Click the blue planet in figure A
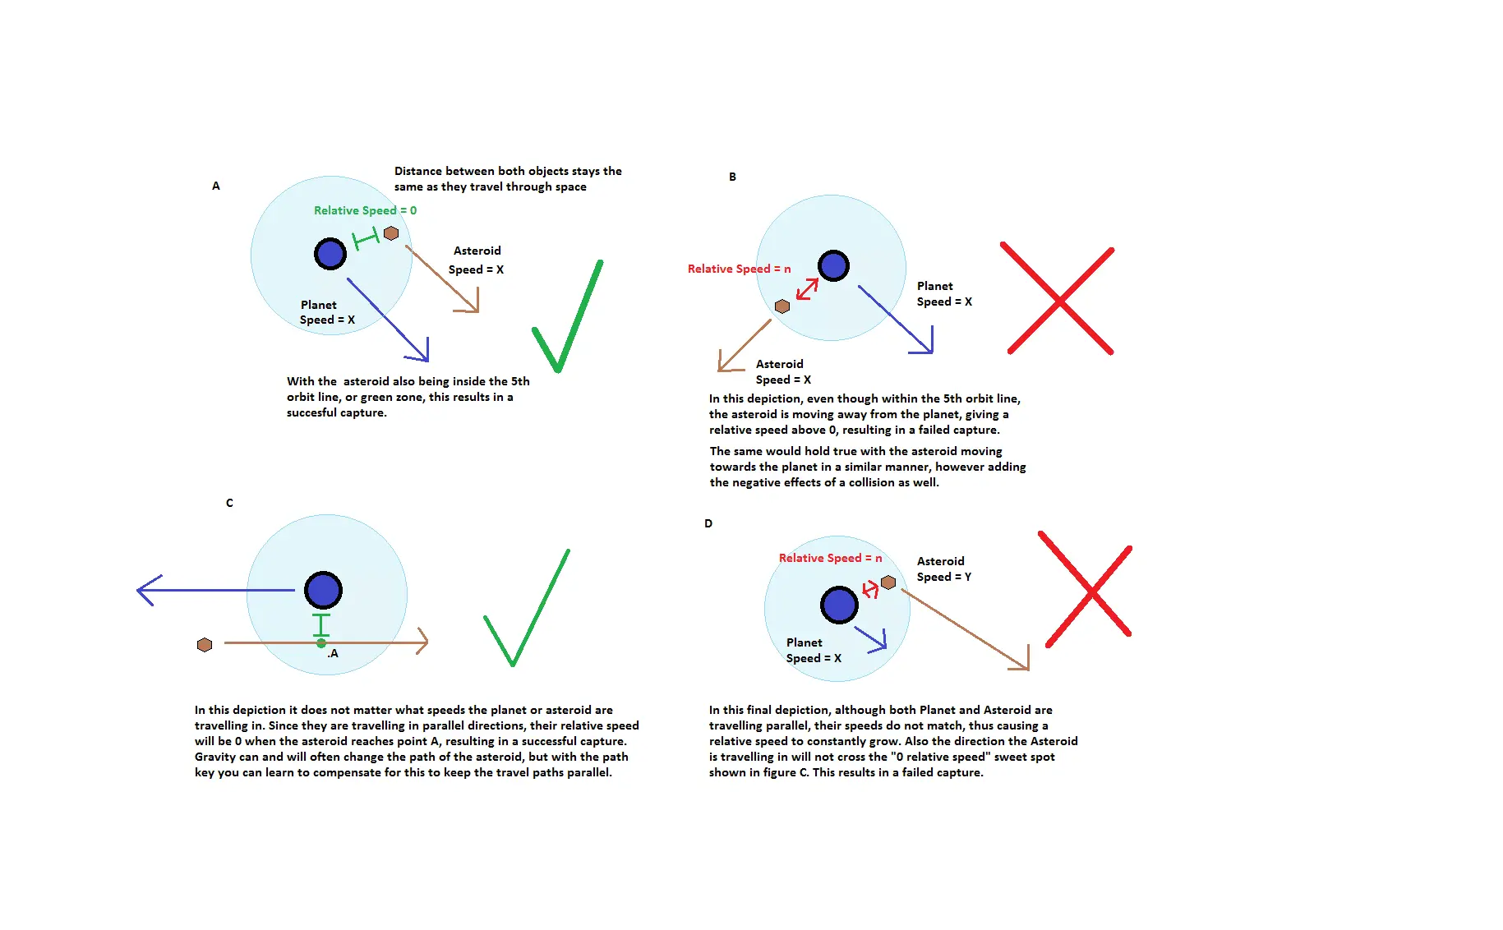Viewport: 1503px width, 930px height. click(x=330, y=254)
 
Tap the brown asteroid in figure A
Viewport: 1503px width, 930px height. click(x=391, y=233)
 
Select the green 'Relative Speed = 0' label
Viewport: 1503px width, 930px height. click(x=365, y=210)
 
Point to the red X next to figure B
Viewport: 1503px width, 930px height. click(x=1058, y=299)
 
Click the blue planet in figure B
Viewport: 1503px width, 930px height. click(x=833, y=265)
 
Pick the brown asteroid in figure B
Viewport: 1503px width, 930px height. click(x=782, y=306)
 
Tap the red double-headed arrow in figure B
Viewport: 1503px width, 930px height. click(x=807, y=289)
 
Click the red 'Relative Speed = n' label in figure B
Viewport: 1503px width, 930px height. click(x=739, y=269)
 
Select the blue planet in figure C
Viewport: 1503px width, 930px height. click(x=323, y=590)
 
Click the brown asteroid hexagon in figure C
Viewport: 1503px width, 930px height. click(x=205, y=645)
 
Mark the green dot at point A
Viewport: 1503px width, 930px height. click(x=321, y=643)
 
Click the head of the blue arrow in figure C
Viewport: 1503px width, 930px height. click(x=138, y=590)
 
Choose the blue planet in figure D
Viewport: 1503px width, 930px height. click(x=839, y=605)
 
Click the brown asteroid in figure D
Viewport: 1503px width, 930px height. click(x=888, y=582)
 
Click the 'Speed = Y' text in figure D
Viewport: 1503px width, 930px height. click(x=943, y=577)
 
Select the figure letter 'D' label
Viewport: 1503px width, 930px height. click(x=708, y=523)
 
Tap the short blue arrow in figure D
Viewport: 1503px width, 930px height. click(x=870, y=638)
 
